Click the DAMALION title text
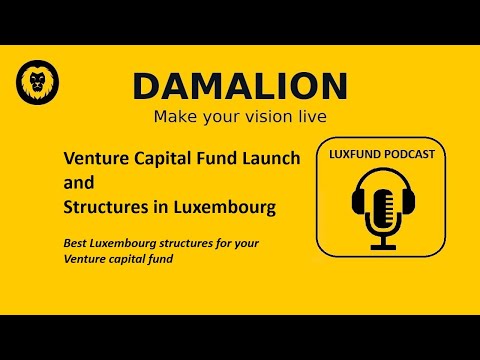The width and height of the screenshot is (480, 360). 240,86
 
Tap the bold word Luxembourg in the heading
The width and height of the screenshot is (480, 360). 228,209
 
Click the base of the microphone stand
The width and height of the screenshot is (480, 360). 384,246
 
